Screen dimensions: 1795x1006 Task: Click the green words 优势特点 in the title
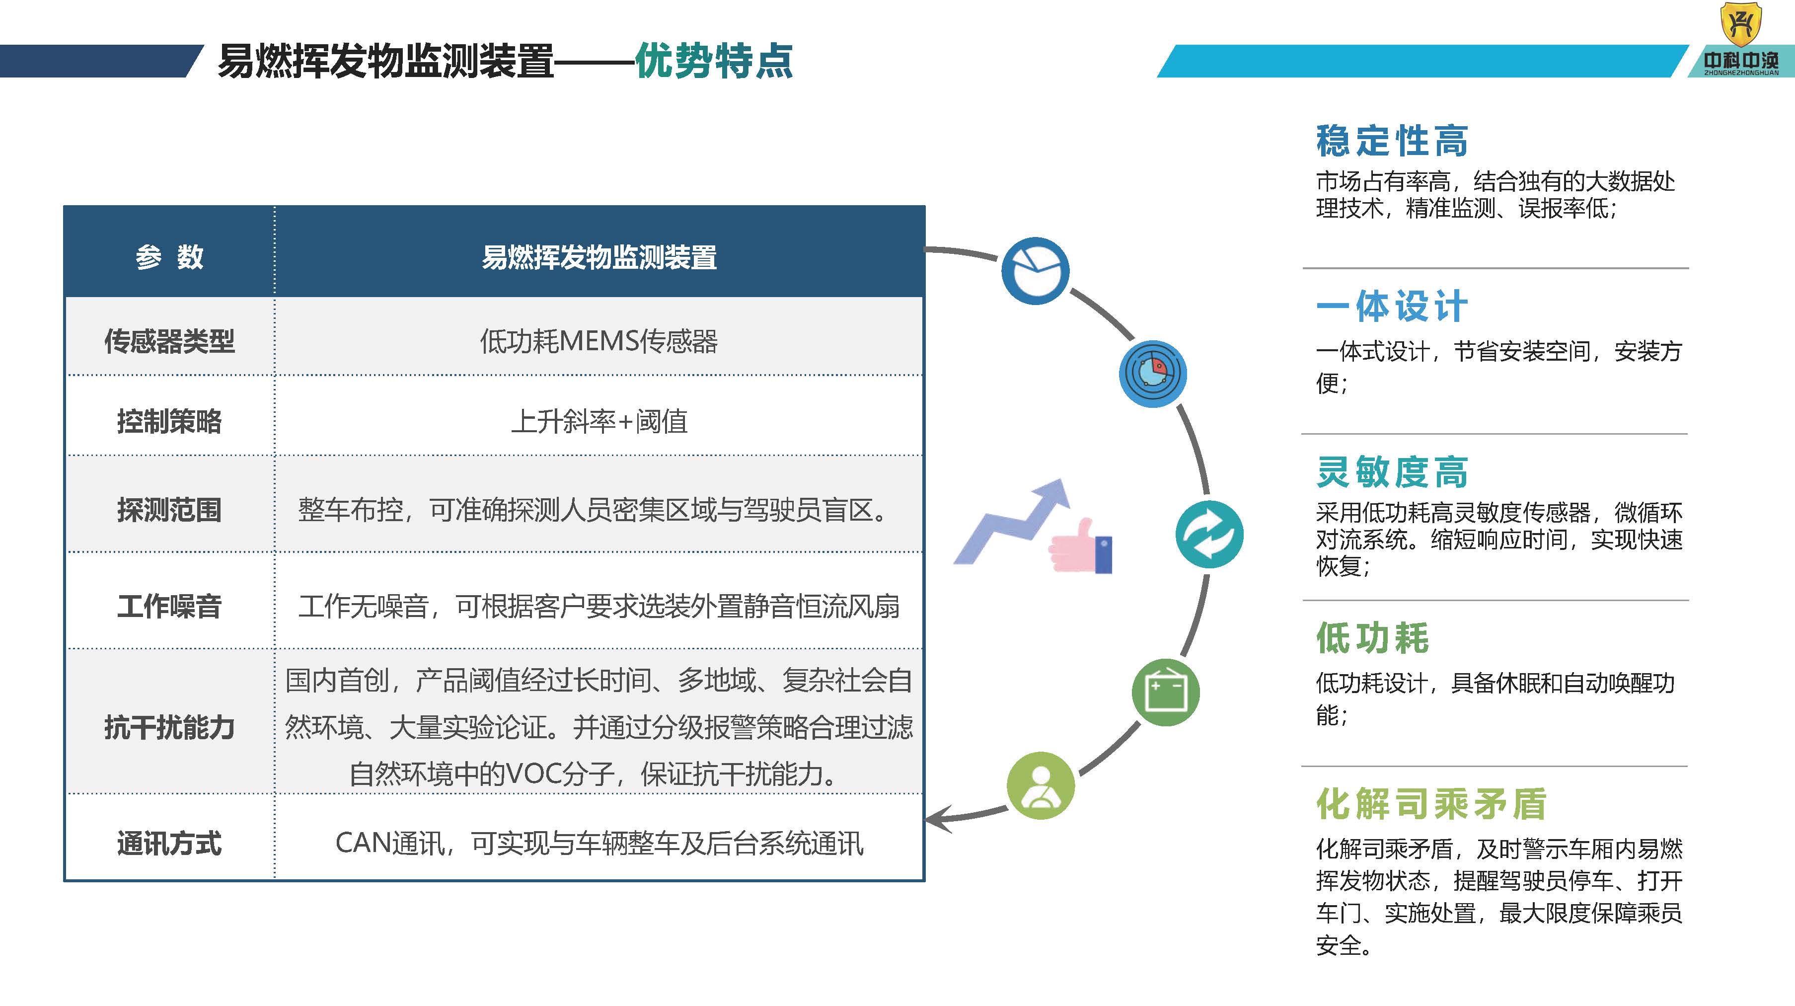pyautogui.click(x=714, y=61)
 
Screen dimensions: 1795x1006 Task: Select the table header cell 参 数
pyautogui.click(x=169, y=256)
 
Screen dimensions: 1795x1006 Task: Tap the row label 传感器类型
pyautogui.click(x=169, y=341)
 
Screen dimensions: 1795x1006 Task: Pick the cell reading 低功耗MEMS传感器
pyautogui.click(x=598, y=341)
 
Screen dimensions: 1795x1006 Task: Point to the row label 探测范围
pyautogui.click(x=169, y=510)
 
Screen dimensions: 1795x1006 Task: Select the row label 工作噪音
pyautogui.click(x=169, y=606)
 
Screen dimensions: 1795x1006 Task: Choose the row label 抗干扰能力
pyautogui.click(x=169, y=727)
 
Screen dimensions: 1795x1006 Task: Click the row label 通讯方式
pyautogui.click(x=169, y=844)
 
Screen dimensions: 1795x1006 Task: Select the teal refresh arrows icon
pyautogui.click(x=1209, y=534)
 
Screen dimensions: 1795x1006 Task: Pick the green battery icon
pyautogui.click(x=1166, y=692)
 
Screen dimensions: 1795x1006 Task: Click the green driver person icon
pyautogui.click(x=1041, y=786)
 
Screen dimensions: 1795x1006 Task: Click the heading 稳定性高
pyautogui.click(x=1392, y=141)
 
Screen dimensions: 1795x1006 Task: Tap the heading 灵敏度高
pyautogui.click(x=1392, y=472)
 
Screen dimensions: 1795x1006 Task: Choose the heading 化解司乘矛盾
pyautogui.click(x=1431, y=804)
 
